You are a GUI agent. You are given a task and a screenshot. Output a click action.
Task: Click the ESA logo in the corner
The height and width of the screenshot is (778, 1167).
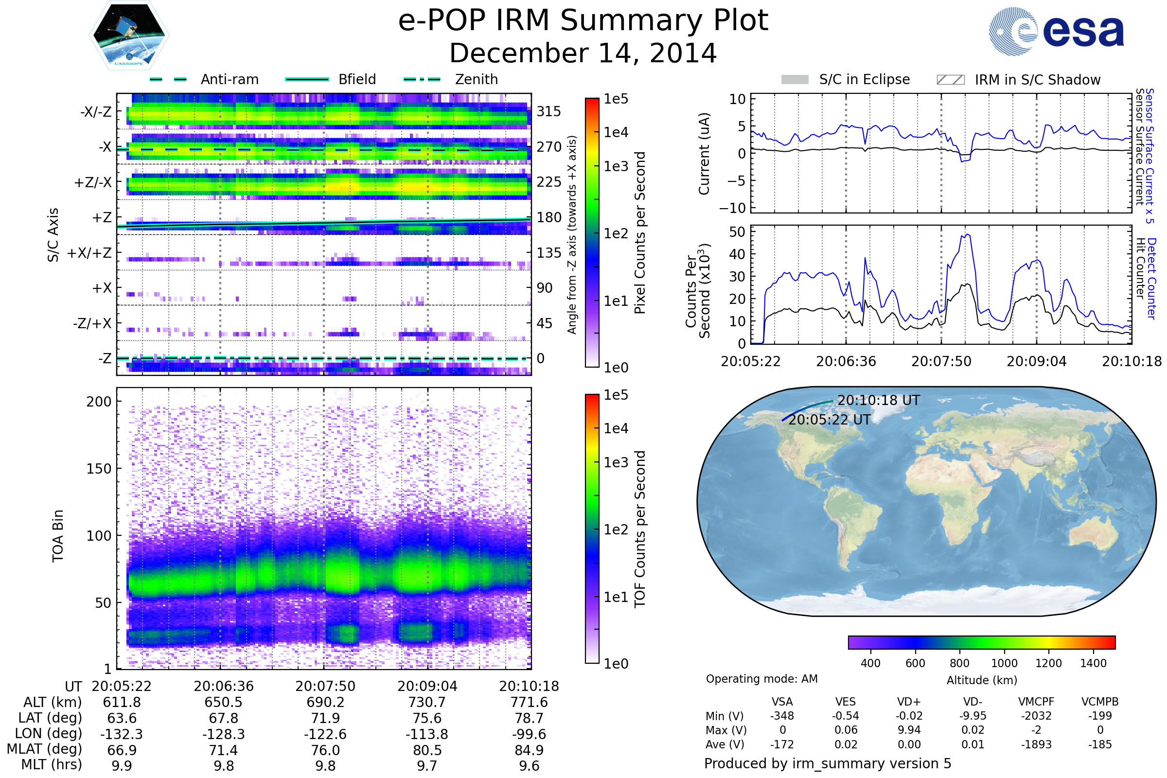[1056, 31]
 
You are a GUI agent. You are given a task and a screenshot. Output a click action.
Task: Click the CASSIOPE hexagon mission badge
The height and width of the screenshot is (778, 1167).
[129, 35]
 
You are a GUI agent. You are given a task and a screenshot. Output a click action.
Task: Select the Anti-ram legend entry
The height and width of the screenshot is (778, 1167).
[204, 79]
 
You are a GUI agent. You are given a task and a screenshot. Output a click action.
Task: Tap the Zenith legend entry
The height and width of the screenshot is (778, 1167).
[451, 79]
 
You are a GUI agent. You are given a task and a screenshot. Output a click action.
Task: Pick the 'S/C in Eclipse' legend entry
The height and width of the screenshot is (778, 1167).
[846, 79]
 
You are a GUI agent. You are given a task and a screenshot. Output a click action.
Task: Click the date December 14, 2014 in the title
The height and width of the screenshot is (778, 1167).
[583, 53]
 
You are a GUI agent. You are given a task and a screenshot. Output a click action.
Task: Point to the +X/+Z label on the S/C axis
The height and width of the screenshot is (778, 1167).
[89, 253]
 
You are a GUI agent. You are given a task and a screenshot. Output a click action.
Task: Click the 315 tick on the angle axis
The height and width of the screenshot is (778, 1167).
[549, 111]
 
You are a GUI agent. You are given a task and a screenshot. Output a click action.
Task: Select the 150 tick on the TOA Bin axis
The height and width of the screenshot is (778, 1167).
[99, 469]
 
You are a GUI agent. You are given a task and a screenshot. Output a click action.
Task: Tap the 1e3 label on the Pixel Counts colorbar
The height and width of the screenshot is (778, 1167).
[616, 166]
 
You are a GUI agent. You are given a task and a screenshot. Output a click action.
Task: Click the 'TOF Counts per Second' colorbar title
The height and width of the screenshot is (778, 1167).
[640, 529]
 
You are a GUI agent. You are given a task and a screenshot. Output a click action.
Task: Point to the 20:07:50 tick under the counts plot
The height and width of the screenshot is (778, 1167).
[941, 361]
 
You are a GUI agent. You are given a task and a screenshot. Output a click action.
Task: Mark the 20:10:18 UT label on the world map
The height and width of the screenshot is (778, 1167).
[879, 400]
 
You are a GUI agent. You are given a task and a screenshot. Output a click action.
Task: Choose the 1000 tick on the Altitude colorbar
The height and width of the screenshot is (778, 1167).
[1004, 663]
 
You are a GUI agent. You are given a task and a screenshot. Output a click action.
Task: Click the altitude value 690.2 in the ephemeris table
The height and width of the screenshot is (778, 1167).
[325, 703]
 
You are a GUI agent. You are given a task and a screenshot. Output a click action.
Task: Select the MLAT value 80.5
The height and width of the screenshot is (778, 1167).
[427, 750]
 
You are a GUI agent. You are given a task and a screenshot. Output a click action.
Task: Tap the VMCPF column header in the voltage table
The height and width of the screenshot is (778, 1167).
[1036, 702]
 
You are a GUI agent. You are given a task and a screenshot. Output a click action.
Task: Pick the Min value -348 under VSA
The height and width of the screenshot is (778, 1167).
[782, 716]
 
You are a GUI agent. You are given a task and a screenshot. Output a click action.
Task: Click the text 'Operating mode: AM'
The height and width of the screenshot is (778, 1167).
[761, 679]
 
